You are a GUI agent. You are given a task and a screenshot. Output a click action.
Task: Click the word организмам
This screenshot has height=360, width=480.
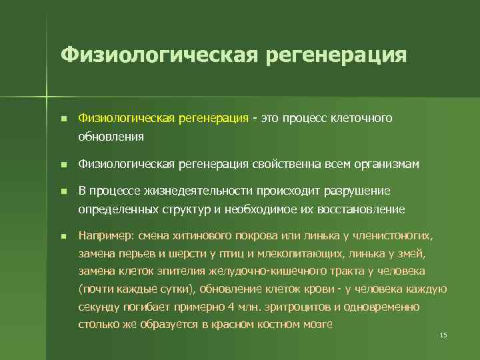tap(387, 164)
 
